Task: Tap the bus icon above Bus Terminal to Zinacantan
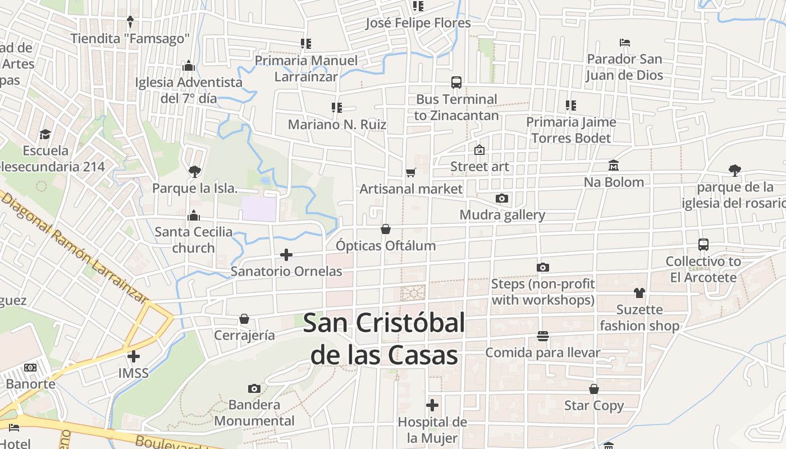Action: (x=456, y=83)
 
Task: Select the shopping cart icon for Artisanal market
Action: (x=411, y=172)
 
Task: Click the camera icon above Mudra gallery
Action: (x=502, y=198)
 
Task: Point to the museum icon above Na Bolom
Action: (x=613, y=166)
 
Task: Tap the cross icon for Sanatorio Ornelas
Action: (x=286, y=255)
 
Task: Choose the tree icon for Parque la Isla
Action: (x=194, y=171)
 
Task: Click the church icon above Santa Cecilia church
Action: (x=194, y=216)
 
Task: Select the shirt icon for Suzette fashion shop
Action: (x=639, y=292)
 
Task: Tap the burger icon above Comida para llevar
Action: (x=542, y=336)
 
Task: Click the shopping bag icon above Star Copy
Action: (x=594, y=389)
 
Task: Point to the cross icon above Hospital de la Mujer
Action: (x=432, y=405)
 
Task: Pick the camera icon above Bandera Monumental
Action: (x=254, y=388)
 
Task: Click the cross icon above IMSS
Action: (x=134, y=356)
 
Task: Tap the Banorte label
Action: (x=31, y=384)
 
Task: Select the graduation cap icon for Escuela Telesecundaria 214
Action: (x=45, y=134)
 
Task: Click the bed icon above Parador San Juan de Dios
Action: (x=624, y=43)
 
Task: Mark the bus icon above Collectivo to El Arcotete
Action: (x=703, y=245)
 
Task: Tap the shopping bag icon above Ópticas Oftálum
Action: (x=386, y=229)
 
